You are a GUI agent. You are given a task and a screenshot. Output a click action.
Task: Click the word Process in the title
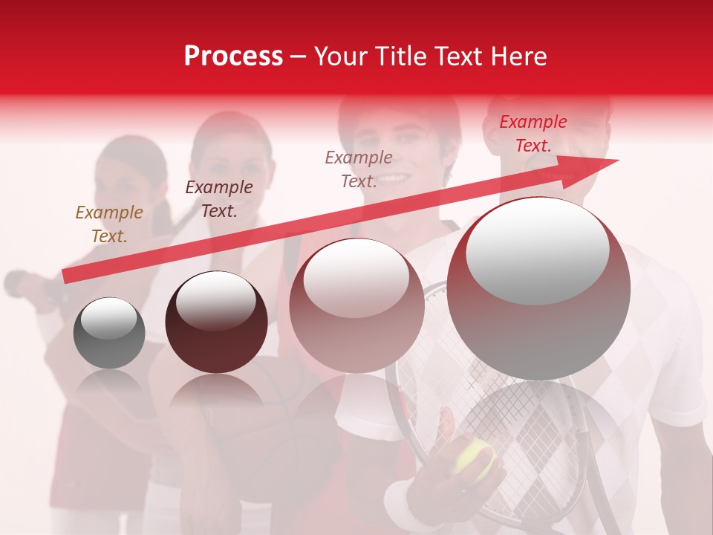233,56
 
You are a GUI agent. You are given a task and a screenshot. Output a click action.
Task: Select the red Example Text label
533,134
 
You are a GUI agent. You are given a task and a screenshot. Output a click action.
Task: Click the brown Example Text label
108,224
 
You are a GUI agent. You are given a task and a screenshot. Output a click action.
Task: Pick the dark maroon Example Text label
219,199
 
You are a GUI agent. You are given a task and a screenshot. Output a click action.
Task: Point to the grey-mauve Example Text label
359,169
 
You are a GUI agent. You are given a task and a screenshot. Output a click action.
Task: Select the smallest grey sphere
109,333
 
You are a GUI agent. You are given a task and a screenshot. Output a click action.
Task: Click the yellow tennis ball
473,457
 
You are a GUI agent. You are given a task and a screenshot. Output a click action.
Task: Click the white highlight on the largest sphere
537,251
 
